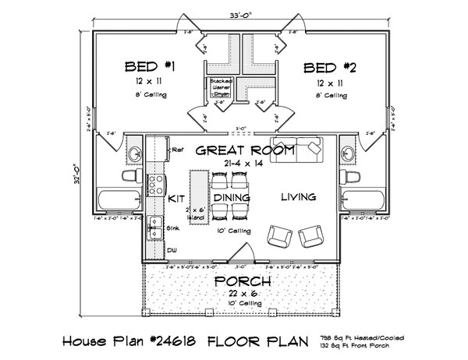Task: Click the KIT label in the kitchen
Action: coord(175,199)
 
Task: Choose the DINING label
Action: coord(231,199)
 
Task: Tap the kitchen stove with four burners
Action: coord(155,185)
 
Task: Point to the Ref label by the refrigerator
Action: coord(176,149)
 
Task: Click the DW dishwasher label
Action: coord(171,251)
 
